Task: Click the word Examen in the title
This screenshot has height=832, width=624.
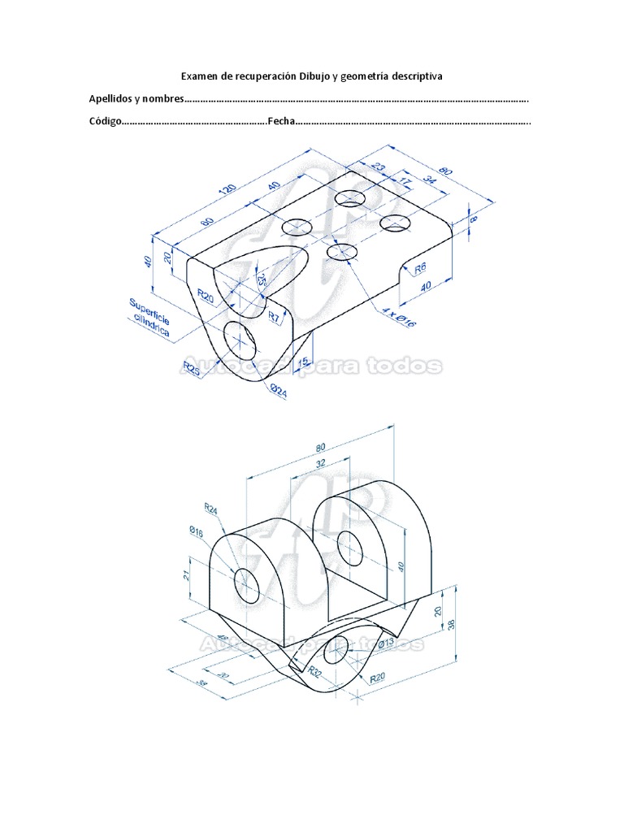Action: [200, 76]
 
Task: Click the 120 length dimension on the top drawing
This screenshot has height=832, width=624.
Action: [227, 192]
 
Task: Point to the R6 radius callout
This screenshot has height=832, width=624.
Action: [421, 268]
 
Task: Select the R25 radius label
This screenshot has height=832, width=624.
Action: [193, 369]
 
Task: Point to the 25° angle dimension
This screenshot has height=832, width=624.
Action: [262, 279]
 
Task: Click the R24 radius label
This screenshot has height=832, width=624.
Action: [210, 509]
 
